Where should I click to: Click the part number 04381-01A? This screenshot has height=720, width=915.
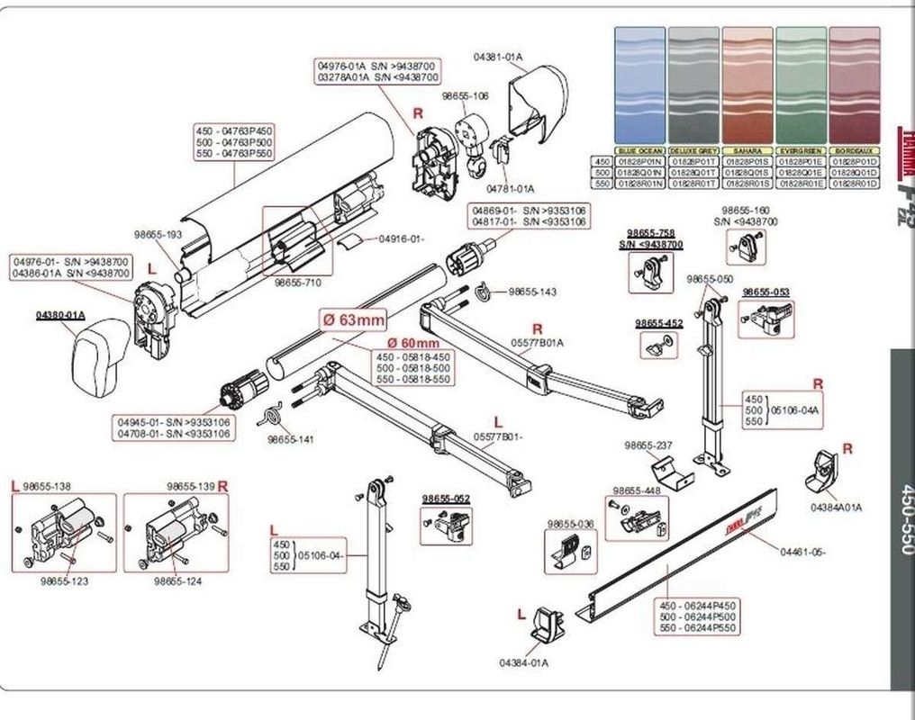pos(498,57)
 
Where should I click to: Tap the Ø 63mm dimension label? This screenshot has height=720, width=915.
pos(353,319)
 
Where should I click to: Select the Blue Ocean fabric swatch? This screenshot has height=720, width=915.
pos(639,85)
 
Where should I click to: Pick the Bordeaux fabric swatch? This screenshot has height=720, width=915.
pos(855,85)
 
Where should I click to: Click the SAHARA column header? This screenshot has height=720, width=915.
pos(747,150)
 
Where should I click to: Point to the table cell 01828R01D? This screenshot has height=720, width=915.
pos(855,183)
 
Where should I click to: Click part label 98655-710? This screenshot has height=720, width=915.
pos(297,282)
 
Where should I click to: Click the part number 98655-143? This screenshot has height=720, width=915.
pos(532,292)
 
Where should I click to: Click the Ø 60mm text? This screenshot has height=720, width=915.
pos(413,343)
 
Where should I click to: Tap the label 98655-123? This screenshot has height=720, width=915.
pos(64,581)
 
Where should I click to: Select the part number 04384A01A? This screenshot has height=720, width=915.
pos(835,507)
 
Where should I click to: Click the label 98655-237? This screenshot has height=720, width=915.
pos(648,445)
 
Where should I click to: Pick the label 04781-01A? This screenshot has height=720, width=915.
pos(511,189)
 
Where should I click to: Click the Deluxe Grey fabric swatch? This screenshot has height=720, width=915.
pos(693,85)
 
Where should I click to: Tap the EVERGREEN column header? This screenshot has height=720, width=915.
pos(801,150)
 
